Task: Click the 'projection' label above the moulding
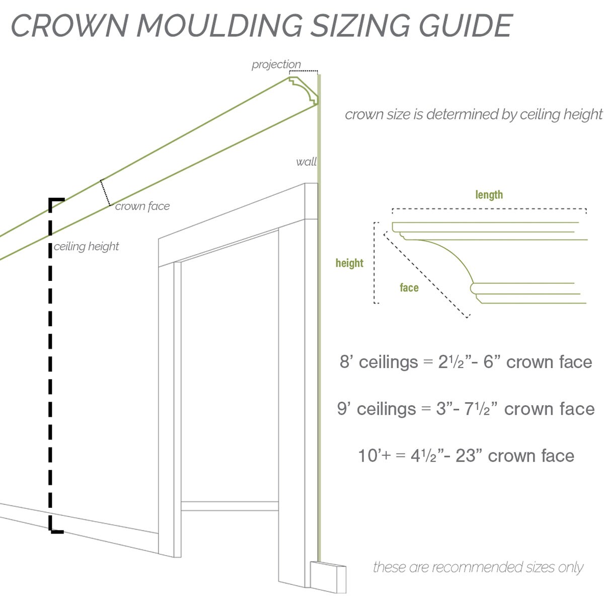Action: pyautogui.click(x=276, y=64)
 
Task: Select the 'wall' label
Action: pyautogui.click(x=306, y=162)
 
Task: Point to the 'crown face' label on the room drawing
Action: pyautogui.click(x=142, y=206)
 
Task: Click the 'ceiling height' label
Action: pyautogui.click(x=86, y=246)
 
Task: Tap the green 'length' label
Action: pyautogui.click(x=489, y=195)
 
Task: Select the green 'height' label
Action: pyautogui.click(x=349, y=263)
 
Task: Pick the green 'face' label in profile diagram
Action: pyautogui.click(x=409, y=287)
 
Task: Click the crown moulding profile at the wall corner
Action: pyautogui.click(x=304, y=91)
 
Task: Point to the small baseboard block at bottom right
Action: pyautogui.click(x=328, y=578)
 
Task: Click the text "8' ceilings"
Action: pyautogui.click(x=379, y=362)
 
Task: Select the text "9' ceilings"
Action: pyautogui.click(x=376, y=409)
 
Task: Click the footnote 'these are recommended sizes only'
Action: pyautogui.click(x=478, y=567)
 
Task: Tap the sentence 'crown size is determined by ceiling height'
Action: pyautogui.click(x=473, y=114)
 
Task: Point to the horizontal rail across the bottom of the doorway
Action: pyautogui.click(x=230, y=506)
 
